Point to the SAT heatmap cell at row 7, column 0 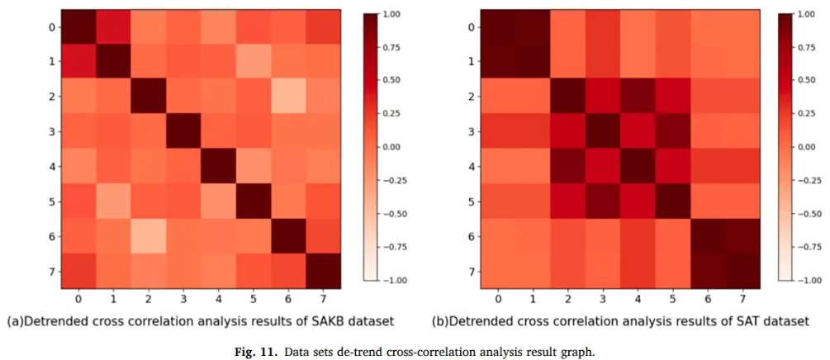[x=498, y=271]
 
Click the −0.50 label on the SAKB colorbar [x=396, y=214]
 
